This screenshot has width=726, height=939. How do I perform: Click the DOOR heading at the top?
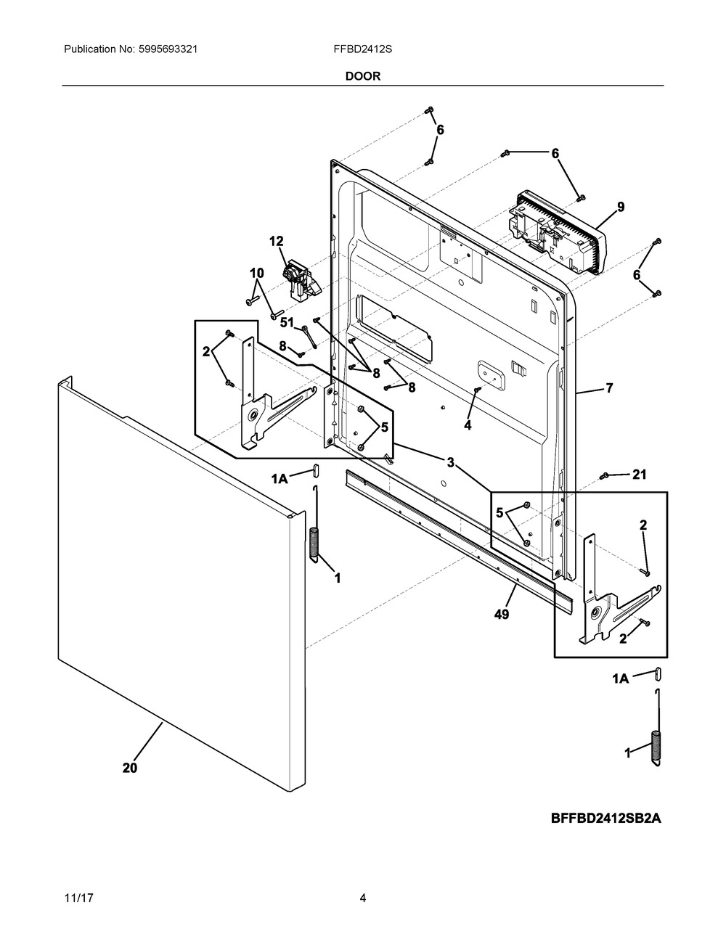(362, 76)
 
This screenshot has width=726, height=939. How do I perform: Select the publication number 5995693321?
(168, 49)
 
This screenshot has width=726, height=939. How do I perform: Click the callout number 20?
(130, 768)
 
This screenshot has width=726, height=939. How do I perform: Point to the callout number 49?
(502, 614)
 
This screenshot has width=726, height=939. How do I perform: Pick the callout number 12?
(277, 241)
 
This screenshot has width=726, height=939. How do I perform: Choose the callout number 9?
(621, 207)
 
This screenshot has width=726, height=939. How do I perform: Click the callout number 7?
(609, 388)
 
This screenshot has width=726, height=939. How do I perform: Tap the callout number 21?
(640, 475)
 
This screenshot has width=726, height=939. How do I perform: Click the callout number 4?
(468, 425)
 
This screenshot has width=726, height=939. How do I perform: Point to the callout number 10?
(257, 273)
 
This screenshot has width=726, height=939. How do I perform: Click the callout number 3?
(450, 462)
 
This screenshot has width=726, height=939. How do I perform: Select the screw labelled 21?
(604, 476)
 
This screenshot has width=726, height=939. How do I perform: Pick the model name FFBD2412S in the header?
(362, 49)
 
